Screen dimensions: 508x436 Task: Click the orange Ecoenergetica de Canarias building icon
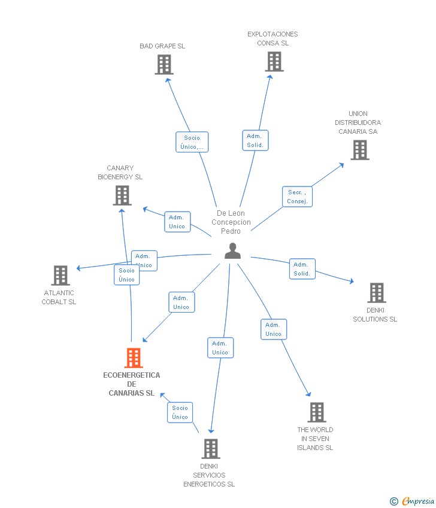point(133,357)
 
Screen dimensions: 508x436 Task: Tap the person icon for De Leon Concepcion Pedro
point(232,251)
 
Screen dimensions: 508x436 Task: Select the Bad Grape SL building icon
point(164,65)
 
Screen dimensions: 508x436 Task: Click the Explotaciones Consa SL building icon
point(274,62)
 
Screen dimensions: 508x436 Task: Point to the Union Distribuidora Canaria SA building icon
point(359,150)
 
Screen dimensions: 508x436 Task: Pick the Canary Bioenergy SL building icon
point(122,195)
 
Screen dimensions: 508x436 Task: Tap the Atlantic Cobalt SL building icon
point(60,276)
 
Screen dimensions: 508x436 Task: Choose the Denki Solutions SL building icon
point(376,293)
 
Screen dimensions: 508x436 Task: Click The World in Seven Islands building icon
point(316,412)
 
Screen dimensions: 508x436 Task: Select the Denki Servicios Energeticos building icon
point(210,449)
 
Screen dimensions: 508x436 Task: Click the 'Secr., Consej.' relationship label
point(297,197)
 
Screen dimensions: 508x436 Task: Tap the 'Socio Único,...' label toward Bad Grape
point(192,142)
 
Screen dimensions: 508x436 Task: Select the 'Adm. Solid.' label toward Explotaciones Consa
point(255,140)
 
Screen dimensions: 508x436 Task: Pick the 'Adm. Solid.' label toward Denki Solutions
point(302,269)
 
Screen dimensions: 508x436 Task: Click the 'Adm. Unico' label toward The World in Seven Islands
point(273,329)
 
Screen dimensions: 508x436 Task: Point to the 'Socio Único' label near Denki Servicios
point(180,412)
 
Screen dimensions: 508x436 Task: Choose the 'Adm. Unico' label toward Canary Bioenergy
point(177,222)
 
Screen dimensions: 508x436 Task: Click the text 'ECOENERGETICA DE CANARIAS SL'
point(132,384)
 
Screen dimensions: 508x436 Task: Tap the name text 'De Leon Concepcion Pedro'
point(231,222)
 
